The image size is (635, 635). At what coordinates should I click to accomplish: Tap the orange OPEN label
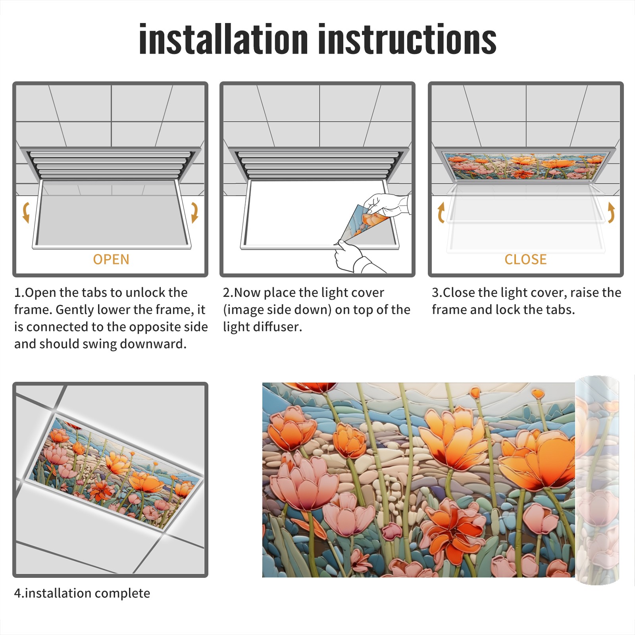111,260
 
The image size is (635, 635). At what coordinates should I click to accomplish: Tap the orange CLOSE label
525,260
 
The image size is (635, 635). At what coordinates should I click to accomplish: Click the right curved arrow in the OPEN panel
194,212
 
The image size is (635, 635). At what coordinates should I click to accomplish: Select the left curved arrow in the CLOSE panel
441,212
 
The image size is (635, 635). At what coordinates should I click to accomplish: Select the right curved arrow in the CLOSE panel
611,212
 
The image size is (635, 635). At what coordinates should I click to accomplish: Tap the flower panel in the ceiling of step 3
525,166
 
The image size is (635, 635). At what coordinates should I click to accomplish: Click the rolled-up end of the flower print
597,480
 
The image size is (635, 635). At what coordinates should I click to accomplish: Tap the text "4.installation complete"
82,593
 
